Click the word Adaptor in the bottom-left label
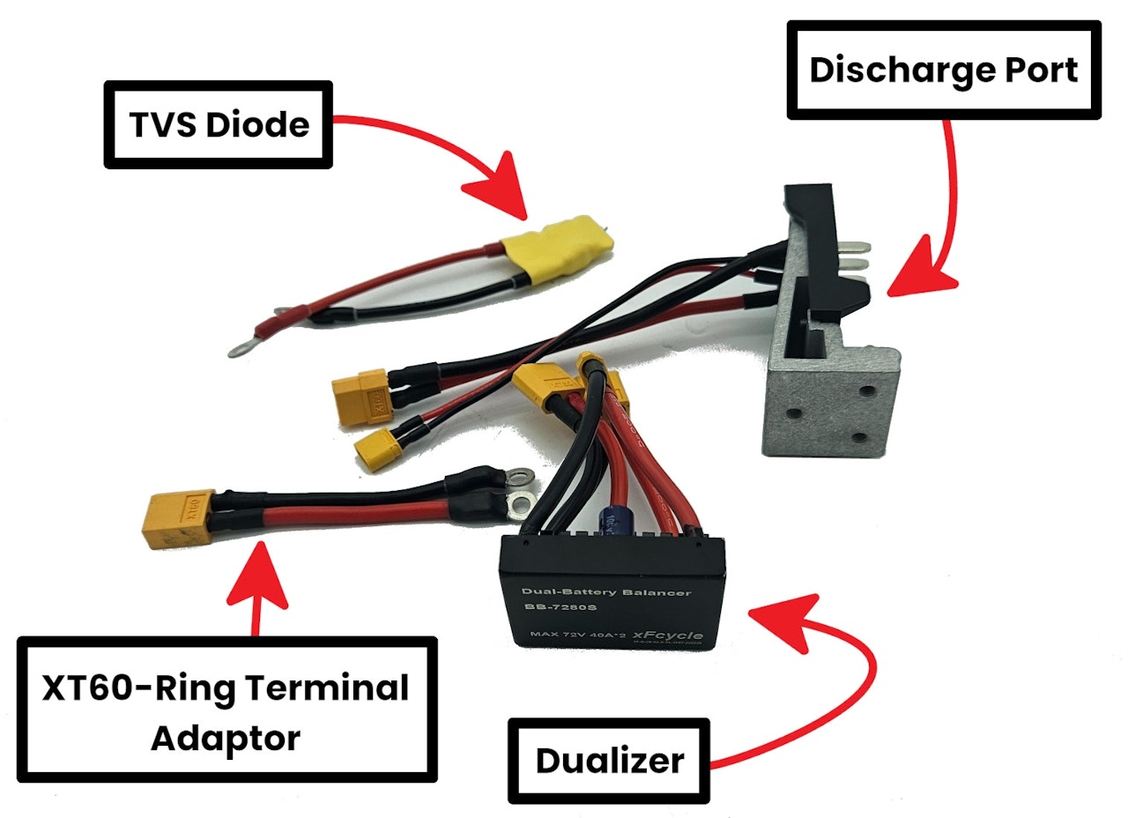(x=226, y=737)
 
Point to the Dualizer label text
(x=609, y=761)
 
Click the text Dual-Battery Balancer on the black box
(x=606, y=592)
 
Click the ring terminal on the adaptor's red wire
(x=520, y=505)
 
